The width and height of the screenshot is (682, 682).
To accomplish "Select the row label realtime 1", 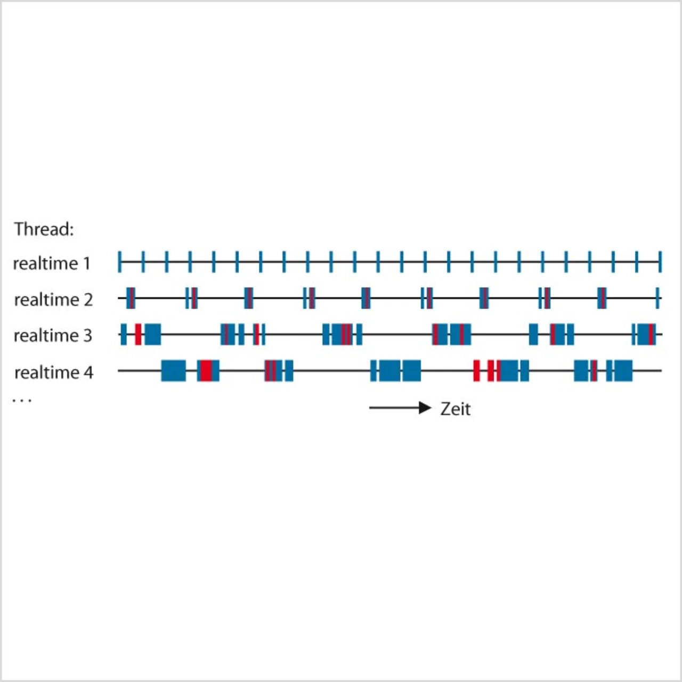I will [x=52, y=263].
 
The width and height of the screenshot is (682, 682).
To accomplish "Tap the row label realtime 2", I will [x=53, y=299].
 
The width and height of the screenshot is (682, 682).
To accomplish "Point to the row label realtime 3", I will [x=53, y=336].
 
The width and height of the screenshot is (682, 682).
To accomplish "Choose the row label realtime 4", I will [x=53, y=372].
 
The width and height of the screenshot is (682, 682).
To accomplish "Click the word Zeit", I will [x=456, y=409].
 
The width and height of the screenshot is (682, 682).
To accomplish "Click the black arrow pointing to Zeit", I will [x=400, y=408].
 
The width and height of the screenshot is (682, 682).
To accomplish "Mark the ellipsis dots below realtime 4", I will [x=22, y=400].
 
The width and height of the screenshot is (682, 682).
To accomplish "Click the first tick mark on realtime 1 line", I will [x=120, y=262].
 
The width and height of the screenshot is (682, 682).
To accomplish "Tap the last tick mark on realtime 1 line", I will [x=660, y=262].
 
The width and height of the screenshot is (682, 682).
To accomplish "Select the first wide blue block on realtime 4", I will [x=174, y=370].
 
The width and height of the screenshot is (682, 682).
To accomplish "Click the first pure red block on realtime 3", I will [x=138, y=335].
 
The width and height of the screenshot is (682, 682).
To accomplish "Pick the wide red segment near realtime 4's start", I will [x=206, y=370].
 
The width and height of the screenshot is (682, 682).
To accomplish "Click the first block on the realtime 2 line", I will [x=131, y=298].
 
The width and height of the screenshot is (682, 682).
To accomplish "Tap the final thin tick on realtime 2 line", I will [x=658, y=298].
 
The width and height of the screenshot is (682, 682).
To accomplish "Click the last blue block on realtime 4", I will [x=623, y=370].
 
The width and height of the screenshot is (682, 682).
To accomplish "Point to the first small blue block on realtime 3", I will [x=124, y=335].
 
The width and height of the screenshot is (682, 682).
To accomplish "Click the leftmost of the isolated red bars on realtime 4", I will [x=476, y=370].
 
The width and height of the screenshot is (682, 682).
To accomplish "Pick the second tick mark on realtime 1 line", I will [x=143, y=262].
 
